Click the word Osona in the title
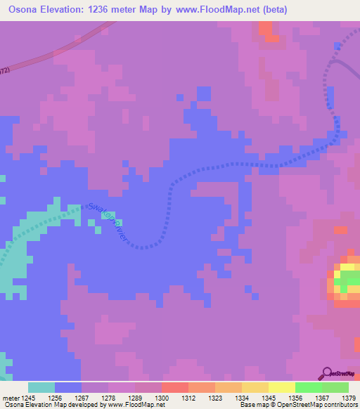(25, 10)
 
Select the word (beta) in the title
(290, 10)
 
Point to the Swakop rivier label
(108, 222)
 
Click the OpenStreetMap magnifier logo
(326, 373)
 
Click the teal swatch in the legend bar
(41, 387)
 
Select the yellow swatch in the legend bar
(281, 387)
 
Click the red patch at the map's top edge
(266, 28)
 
